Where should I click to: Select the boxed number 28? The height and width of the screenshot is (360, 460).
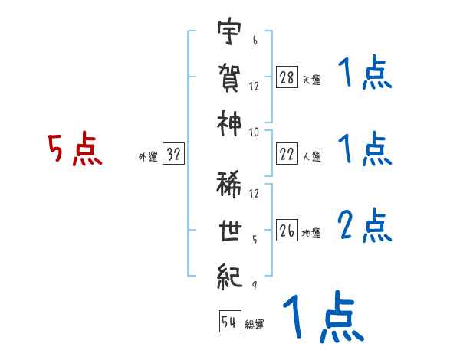click(287, 78)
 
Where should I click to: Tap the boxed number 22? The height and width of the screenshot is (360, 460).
click(287, 154)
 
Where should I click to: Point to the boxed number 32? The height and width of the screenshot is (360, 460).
click(174, 155)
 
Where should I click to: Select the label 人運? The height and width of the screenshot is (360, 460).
click(311, 156)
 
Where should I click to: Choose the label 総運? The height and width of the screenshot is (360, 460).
click(254, 324)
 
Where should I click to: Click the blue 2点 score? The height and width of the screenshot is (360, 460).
click(365, 225)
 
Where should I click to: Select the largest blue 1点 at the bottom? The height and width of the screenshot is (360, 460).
click(322, 318)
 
